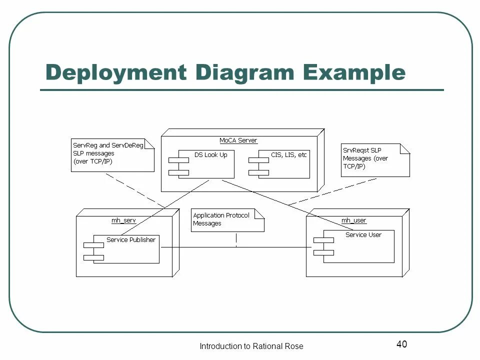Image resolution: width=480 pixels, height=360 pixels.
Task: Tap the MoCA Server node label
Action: tap(238, 140)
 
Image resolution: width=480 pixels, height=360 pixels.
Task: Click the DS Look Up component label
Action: tap(210, 155)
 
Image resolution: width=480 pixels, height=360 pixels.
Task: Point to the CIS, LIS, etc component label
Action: tap(288, 155)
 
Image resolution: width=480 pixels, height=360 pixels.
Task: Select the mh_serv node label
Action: tap(123, 220)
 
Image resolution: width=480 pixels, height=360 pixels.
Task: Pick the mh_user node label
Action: tap(353, 220)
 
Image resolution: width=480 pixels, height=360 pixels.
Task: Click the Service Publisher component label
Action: tap(131, 240)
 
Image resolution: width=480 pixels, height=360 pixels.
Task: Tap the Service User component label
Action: tap(363, 235)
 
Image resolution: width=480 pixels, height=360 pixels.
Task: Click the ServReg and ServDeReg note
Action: tap(112, 154)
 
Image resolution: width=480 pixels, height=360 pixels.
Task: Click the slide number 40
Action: tap(401, 344)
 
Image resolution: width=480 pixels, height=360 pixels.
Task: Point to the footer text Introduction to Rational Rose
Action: tap(251, 346)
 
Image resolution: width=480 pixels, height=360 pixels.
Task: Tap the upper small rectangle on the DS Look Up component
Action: tap(178, 159)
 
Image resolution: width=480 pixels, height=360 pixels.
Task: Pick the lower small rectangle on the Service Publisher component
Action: tap(93, 257)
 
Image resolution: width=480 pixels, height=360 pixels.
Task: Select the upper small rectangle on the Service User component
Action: tap(323, 240)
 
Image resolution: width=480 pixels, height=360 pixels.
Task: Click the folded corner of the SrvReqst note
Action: tap(405, 148)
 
